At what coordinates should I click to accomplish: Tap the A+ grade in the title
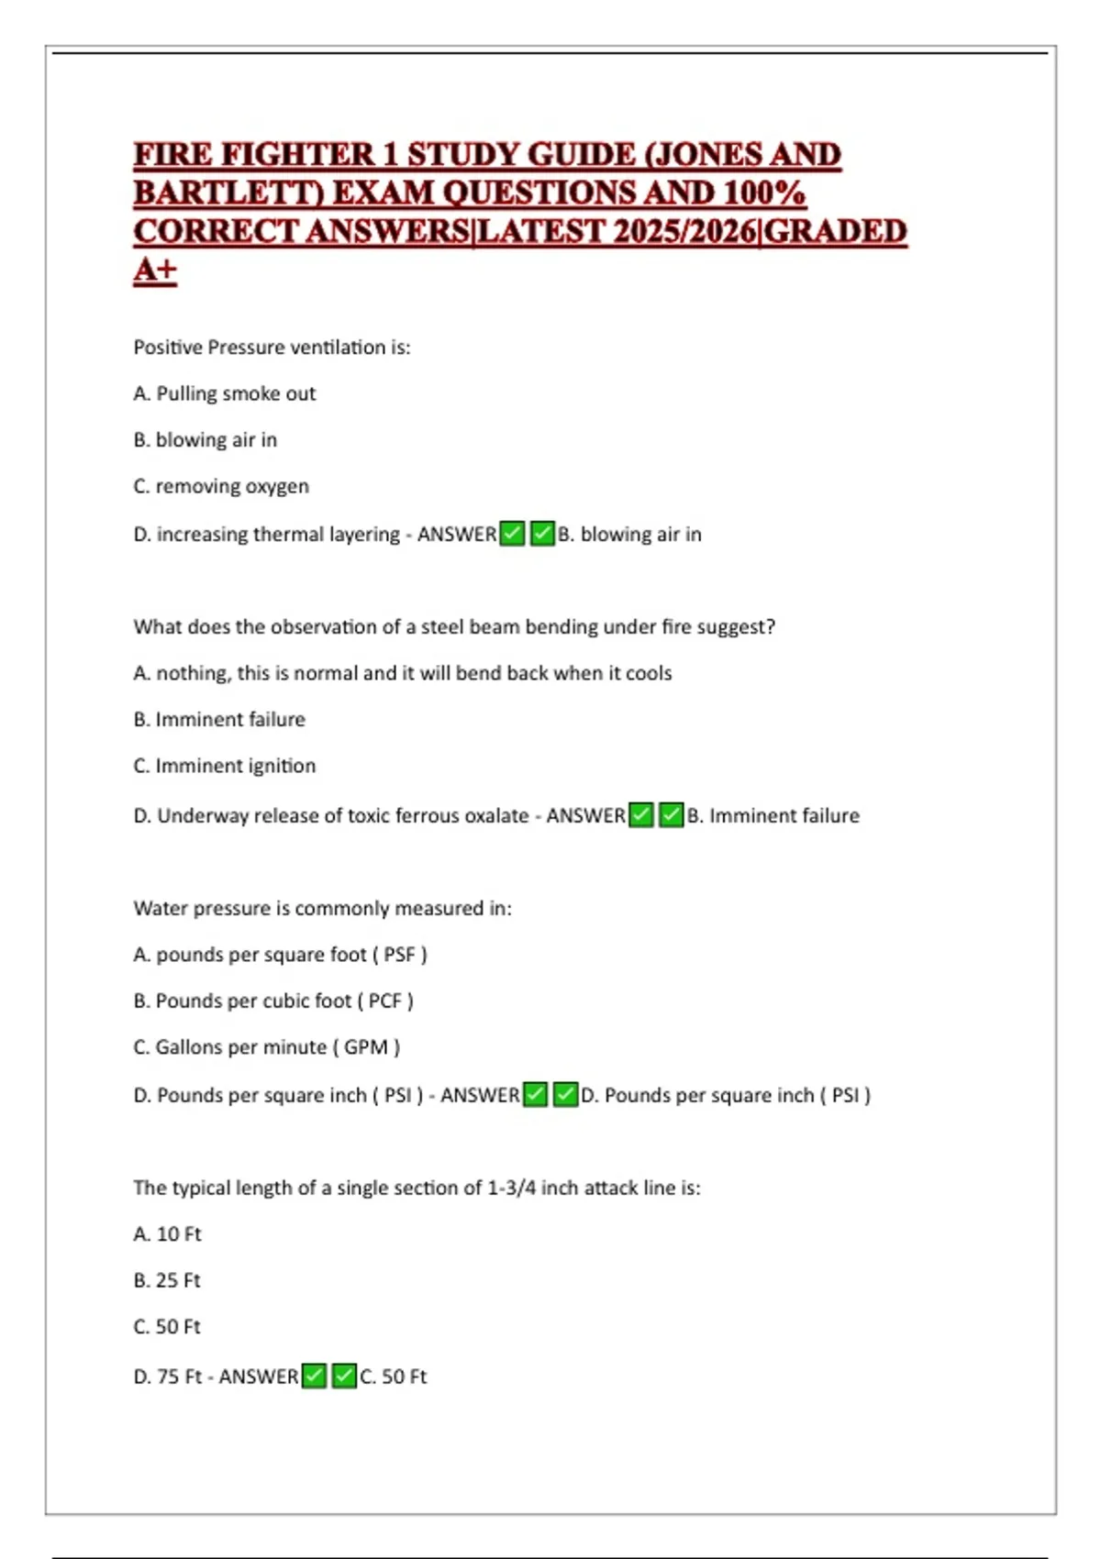tap(155, 271)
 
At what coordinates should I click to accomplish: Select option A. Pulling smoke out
tap(225, 393)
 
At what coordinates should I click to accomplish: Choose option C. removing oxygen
tap(221, 486)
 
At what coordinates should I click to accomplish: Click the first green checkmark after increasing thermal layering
tap(512, 533)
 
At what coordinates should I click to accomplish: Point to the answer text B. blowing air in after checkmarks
tap(629, 534)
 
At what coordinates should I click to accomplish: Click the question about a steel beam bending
tap(454, 627)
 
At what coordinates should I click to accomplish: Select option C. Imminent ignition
tap(225, 766)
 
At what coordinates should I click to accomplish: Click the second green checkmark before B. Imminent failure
tap(672, 814)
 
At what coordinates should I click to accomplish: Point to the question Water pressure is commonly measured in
tap(322, 908)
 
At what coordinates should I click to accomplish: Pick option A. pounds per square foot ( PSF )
tap(280, 955)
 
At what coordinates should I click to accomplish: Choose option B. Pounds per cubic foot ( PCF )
tap(273, 1001)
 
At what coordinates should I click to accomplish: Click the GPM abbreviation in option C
tap(365, 1047)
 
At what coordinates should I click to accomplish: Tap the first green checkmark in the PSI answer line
tap(535, 1094)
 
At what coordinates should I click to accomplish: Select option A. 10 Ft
tap(167, 1234)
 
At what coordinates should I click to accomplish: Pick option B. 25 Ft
tap(167, 1280)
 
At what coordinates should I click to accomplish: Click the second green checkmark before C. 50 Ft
tap(344, 1376)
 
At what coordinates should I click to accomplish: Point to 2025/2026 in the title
tap(684, 232)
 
